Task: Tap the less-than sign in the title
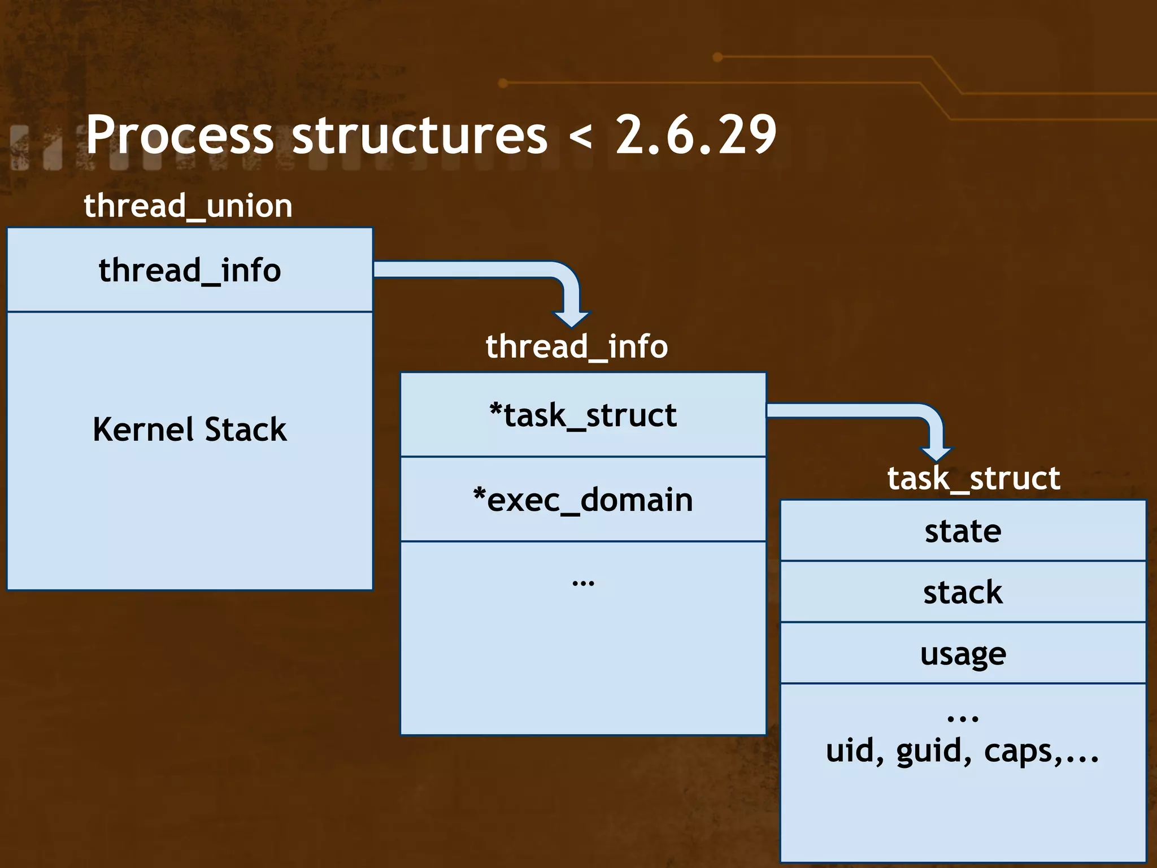pyautogui.click(x=581, y=137)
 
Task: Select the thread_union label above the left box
pyautogui.click(x=188, y=206)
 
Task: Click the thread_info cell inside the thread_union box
pyautogui.click(x=190, y=270)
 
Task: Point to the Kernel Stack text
pyautogui.click(x=190, y=429)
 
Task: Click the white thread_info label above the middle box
pyautogui.click(x=577, y=346)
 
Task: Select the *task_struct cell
pyautogui.click(x=583, y=415)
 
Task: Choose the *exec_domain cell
pyautogui.click(x=583, y=500)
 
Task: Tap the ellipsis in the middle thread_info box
pyautogui.click(x=583, y=583)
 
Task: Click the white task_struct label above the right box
pyautogui.click(x=973, y=479)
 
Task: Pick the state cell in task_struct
pyautogui.click(x=963, y=531)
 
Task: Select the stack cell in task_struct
pyautogui.click(x=963, y=592)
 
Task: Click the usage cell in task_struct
pyautogui.click(x=963, y=654)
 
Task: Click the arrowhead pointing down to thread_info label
pyautogui.click(x=571, y=319)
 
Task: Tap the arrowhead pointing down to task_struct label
pyautogui.click(x=936, y=453)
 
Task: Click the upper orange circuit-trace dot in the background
pyautogui.click(x=717, y=57)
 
